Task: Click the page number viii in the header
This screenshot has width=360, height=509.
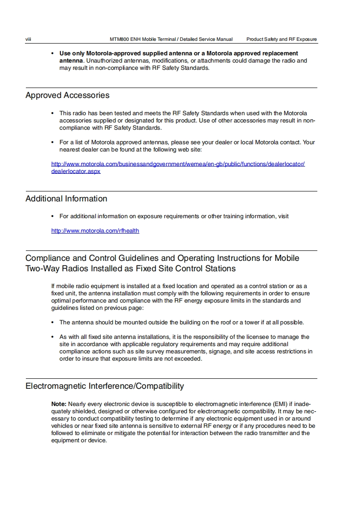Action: (28, 39)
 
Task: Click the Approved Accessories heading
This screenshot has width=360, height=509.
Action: (67, 95)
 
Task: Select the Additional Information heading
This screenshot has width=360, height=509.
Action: (66, 199)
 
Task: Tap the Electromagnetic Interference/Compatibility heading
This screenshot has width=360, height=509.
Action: (104, 387)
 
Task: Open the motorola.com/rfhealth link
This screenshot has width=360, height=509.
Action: (95, 231)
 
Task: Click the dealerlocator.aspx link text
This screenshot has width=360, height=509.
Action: (76, 171)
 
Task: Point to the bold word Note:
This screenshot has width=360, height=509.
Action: (59, 404)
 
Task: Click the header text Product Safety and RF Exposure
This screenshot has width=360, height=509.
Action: (281, 39)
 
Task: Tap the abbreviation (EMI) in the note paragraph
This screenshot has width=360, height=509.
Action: (280, 404)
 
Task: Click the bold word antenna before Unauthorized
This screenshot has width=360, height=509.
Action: (71, 61)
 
